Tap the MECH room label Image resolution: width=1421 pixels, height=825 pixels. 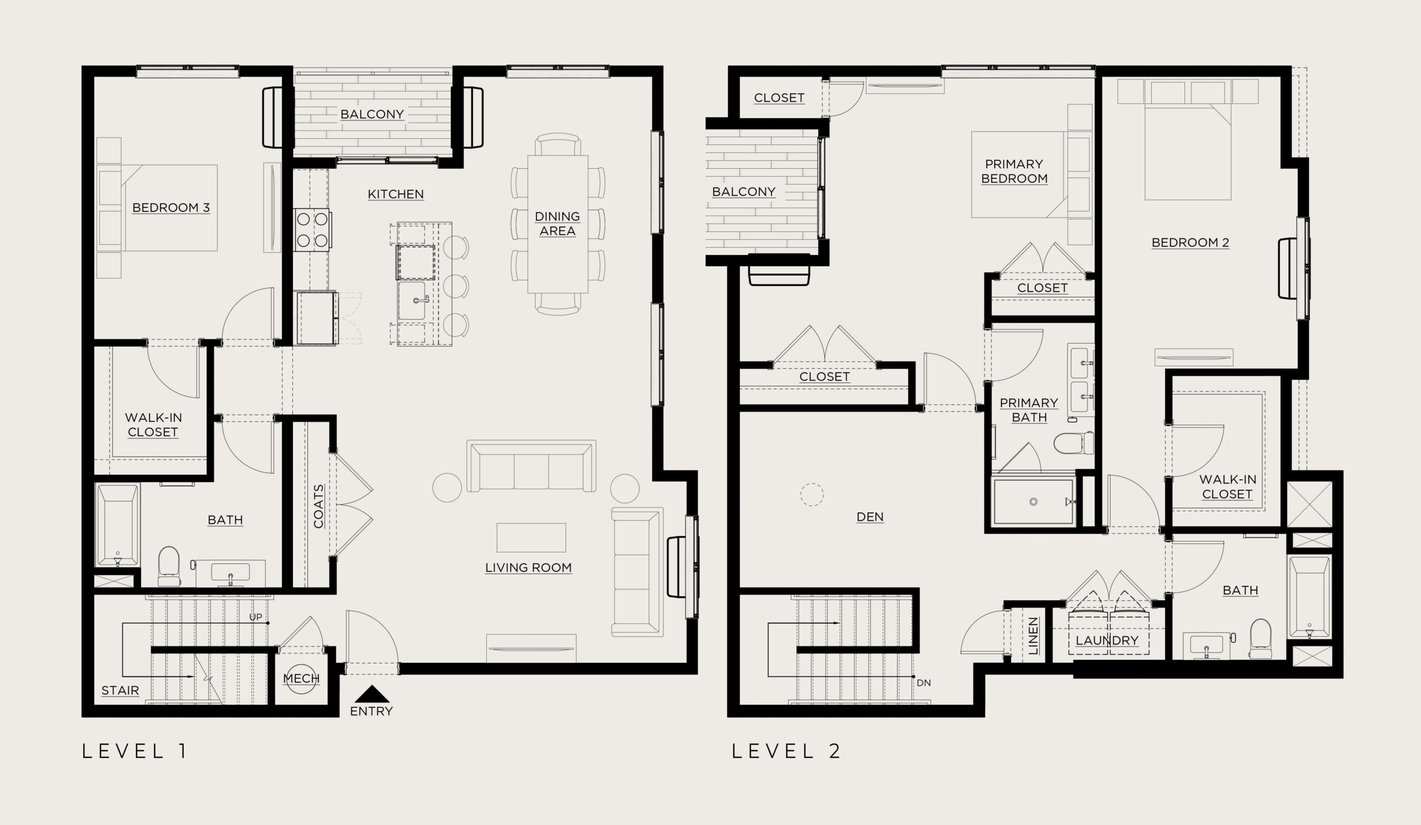(301, 678)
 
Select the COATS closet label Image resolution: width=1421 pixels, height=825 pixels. (319, 506)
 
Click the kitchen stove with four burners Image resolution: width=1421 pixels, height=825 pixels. (312, 229)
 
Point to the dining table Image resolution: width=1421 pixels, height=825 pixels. (558, 224)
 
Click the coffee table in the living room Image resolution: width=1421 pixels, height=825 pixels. (531, 537)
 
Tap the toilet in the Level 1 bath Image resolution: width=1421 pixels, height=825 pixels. (169, 566)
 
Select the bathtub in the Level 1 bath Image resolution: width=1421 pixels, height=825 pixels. (117, 525)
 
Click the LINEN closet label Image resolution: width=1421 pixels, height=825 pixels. (1033, 636)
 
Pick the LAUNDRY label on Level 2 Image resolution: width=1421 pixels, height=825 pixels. (1107, 641)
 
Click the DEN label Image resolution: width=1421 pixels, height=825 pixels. (870, 516)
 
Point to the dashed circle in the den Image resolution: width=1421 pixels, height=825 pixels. (812, 495)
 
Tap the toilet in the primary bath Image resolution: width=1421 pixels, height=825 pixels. (1074, 443)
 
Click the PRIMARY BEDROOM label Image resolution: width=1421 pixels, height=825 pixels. (1014, 172)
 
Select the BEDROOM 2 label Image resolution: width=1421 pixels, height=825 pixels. (1191, 243)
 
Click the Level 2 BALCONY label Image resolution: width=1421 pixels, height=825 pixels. (744, 192)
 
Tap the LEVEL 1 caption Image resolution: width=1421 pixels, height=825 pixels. (134, 751)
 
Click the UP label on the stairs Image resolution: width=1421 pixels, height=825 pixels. (255, 617)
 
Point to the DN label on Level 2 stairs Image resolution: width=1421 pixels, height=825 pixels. (924, 683)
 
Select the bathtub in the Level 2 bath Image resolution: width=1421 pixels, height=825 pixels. (1310, 597)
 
